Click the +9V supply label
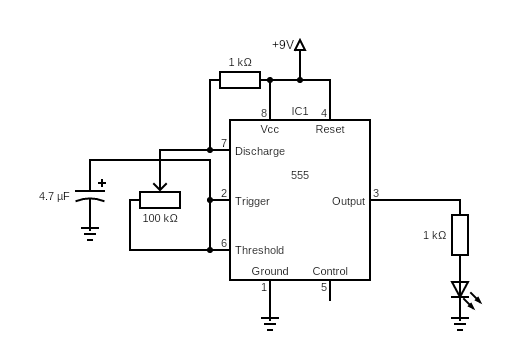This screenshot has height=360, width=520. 282,45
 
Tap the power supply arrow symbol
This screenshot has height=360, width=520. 300,45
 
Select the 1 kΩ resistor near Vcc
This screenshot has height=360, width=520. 240,80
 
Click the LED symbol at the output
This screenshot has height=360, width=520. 460,290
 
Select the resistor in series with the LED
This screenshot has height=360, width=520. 460,235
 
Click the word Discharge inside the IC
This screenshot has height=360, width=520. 260,151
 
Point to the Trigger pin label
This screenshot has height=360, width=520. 252,201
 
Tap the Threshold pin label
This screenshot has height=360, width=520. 259,250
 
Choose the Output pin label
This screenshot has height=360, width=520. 349,201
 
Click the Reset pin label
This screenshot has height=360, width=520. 330,130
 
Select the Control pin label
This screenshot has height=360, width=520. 330,271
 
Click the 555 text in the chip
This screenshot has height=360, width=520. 300,175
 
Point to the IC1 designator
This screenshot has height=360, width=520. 300,111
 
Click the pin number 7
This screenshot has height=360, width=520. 224,143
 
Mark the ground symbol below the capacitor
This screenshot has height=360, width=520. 90,235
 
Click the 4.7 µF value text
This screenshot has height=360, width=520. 54,197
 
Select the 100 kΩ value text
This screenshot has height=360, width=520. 159,218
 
